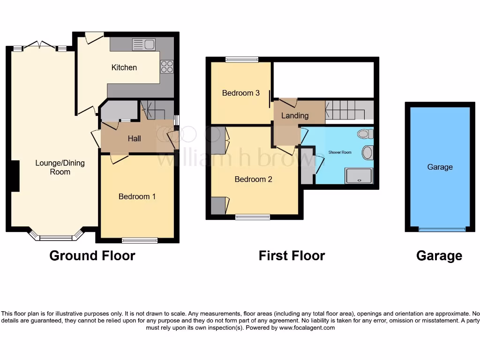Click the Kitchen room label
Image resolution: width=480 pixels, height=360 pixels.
click(x=124, y=67)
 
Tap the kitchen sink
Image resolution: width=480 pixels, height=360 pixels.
click(x=144, y=45)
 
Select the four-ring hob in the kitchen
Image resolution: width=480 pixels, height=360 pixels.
click(x=167, y=67)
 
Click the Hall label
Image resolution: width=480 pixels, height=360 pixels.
click(x=135, y=138)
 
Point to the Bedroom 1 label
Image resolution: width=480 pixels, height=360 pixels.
click(x=137, y=196)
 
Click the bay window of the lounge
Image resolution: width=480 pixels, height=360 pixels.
click(x=56, y=237)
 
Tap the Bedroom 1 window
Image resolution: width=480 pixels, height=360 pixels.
click(x=140, y=240)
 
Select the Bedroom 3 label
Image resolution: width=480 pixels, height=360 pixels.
click(x=240, y=93)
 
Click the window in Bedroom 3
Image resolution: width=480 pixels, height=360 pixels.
click(x=241, y=60)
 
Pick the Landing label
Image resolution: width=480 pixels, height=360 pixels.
click(x=295, y=115)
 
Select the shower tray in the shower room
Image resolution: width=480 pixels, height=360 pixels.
click(x=359, y=176)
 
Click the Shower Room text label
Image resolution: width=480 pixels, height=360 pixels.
click(x=340, y=152)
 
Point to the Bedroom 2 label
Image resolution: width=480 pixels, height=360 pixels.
click(x=253, y=179)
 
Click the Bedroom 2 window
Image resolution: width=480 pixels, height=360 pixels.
click(x=253, y=217)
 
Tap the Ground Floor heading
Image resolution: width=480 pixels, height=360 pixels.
click(x=92, y=255)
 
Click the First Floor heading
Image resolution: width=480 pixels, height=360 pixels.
click(x=292, y=255)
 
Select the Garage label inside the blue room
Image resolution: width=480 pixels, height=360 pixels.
click(x=440, y=167)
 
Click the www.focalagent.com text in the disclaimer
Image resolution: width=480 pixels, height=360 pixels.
click(x=307, y=328)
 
